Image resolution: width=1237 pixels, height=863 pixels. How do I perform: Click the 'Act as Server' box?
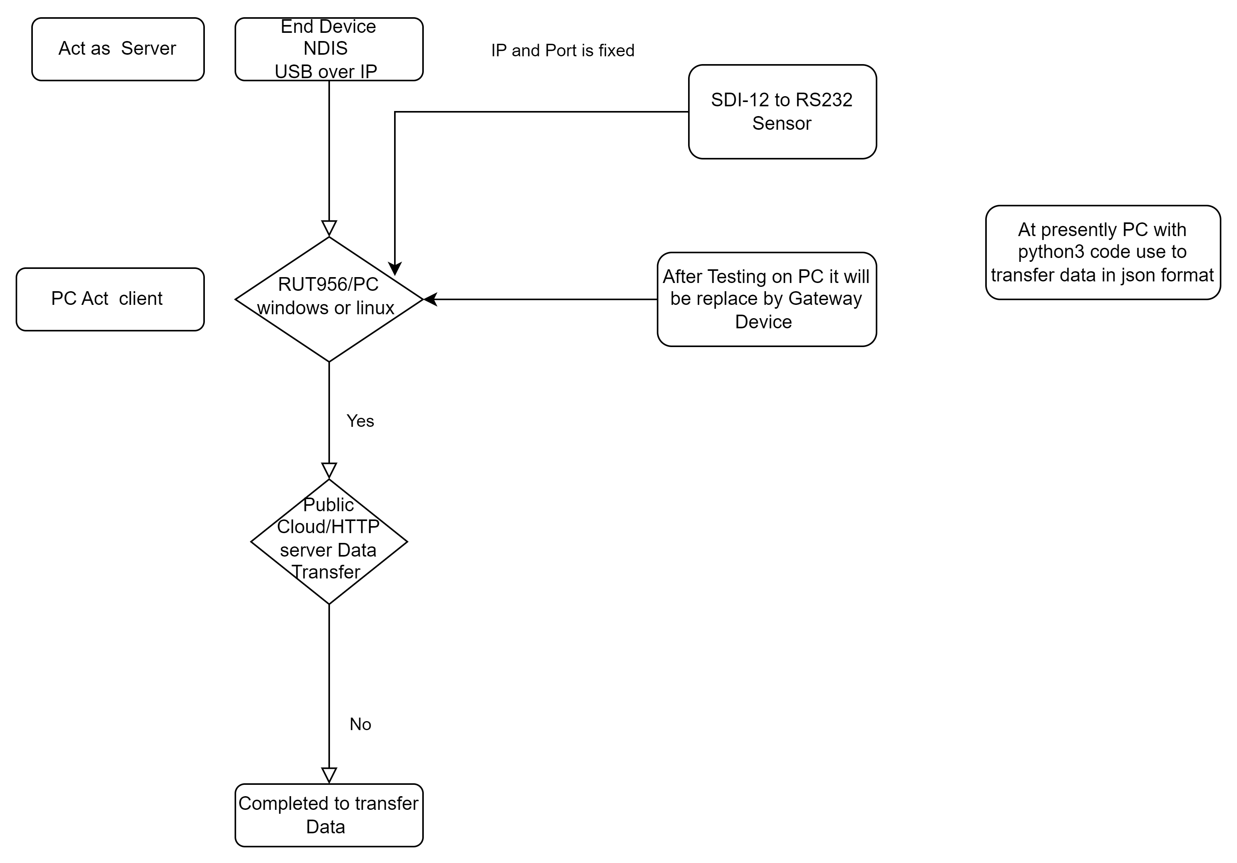118,49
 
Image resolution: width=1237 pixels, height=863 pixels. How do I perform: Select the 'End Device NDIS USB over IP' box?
329,49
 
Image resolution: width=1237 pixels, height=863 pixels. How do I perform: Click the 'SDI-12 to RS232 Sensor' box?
782,111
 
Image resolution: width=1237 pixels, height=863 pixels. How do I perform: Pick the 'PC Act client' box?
110,299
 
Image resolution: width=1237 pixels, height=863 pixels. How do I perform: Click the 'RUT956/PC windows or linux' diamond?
329,299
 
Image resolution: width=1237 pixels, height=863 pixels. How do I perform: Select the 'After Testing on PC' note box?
767,299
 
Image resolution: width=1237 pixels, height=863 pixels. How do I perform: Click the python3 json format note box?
1103,252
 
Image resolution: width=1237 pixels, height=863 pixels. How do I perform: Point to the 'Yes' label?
360,421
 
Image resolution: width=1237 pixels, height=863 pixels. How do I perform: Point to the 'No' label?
360,724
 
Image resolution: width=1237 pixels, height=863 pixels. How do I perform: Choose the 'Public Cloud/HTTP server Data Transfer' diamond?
329,541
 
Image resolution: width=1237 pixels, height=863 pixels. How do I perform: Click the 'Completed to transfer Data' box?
329,815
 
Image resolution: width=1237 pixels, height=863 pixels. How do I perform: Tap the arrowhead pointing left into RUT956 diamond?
430,299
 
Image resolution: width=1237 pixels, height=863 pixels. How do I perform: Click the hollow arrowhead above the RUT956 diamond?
329,228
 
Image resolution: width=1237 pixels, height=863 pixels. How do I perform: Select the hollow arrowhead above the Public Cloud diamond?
329,471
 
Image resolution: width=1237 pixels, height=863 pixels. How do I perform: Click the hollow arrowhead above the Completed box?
329,776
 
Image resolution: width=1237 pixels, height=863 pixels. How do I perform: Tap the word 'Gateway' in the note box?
825,299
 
